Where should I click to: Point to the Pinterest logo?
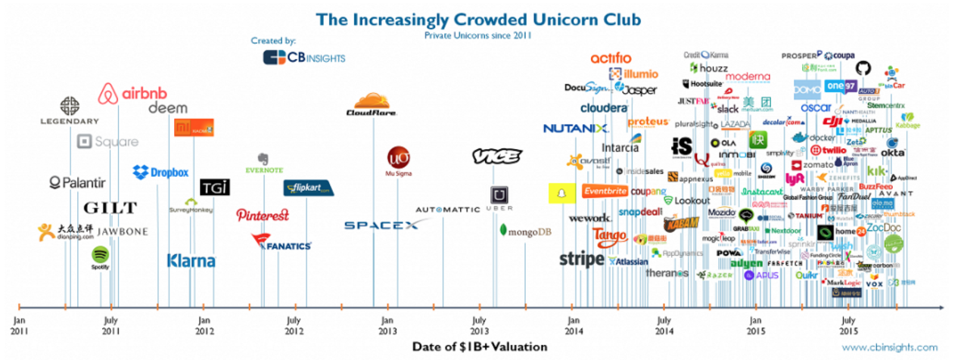tap(263, 215)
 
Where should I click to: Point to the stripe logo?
tap(582, 259)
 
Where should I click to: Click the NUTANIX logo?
tap(576, 129)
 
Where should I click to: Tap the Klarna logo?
tap(191, 261)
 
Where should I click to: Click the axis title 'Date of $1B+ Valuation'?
tap(480, 346)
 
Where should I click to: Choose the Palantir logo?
tap(77, 182)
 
